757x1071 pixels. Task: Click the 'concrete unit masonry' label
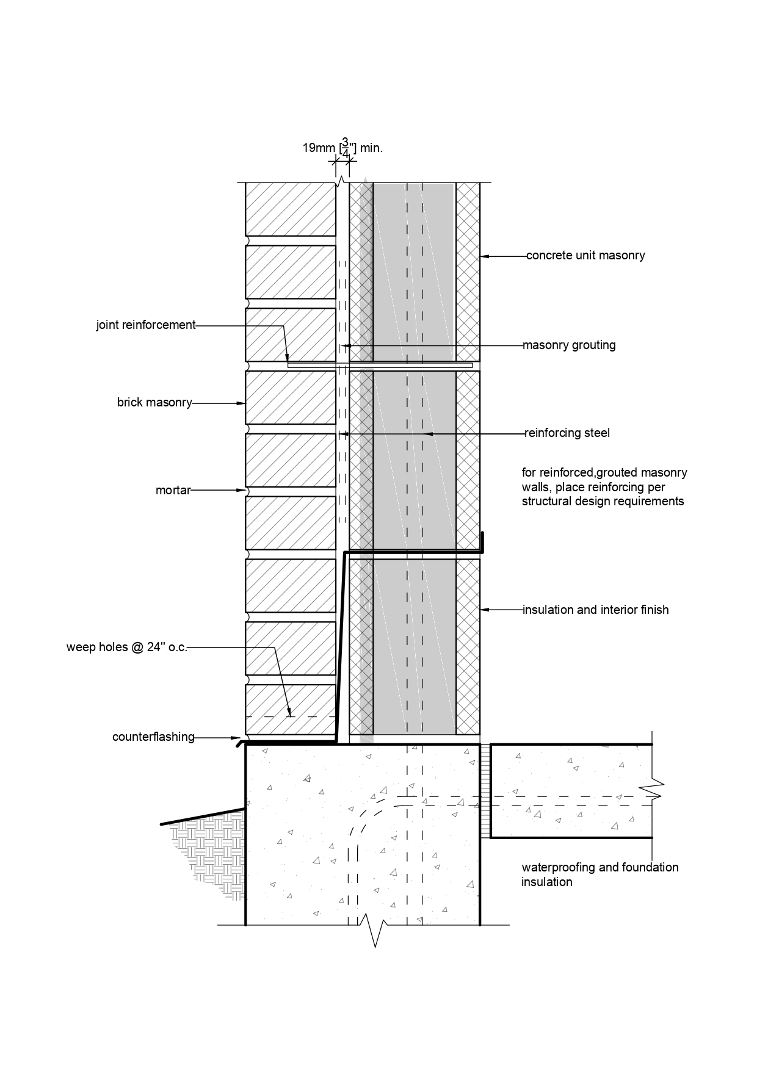[x=585, y=256]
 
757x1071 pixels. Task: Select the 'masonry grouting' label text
[x=569, y=345]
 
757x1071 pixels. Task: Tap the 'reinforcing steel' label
[x=567, y=433]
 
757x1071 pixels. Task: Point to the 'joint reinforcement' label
[x=146, y=325]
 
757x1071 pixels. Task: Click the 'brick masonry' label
[x=154, y=403]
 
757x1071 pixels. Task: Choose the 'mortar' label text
[x=173, y=490]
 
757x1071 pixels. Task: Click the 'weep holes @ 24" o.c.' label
[x=127, y=647]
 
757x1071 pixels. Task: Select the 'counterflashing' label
[x=153, y=737]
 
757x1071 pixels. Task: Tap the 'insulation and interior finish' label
[x=595, y=610]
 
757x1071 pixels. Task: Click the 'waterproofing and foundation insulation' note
[x=599, y=874]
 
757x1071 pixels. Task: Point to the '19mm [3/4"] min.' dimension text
[x=342, y=148]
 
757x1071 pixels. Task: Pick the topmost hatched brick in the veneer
[x=291, y=209]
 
